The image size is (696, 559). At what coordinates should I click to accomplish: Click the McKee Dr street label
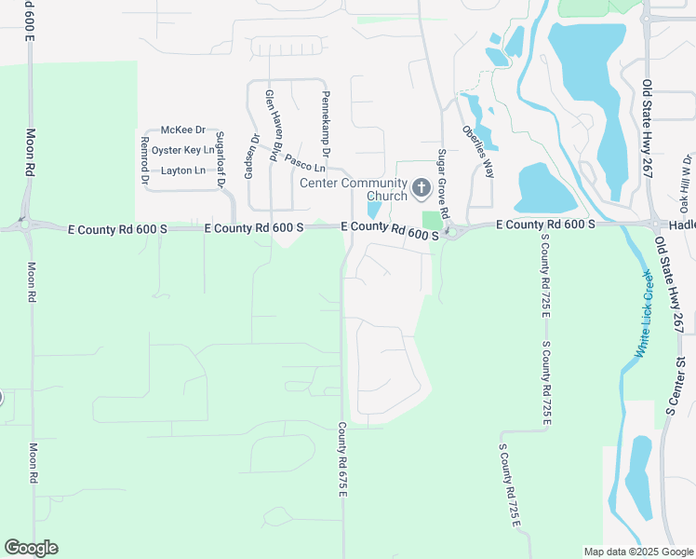[182, 130]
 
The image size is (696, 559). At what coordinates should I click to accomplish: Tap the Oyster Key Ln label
[182, 150]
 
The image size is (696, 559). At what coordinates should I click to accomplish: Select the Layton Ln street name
[182, 170]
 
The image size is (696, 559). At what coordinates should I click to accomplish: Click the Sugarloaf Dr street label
[221, 159]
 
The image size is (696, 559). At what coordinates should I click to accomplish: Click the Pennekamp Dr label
[327, 123]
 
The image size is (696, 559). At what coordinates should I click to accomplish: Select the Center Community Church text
[354, 189]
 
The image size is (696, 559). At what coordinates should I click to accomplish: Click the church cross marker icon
[420, 188]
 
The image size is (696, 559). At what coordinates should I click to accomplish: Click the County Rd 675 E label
[342, 459]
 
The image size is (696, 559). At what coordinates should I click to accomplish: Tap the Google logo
[31, 548]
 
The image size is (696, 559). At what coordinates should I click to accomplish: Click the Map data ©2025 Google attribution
[637, 552]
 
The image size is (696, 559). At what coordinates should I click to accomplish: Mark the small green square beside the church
[430, 221]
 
